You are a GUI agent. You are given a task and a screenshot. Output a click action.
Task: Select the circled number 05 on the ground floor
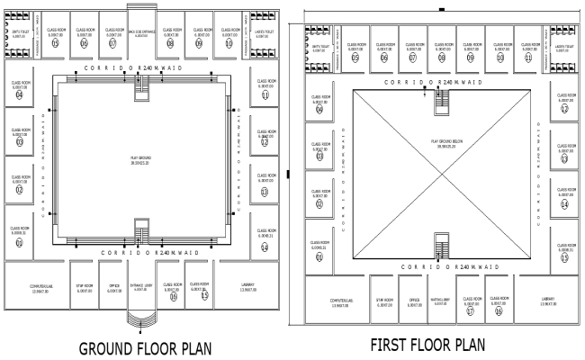pos(55,42)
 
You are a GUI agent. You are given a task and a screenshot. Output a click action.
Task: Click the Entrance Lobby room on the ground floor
pos(140,288)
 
